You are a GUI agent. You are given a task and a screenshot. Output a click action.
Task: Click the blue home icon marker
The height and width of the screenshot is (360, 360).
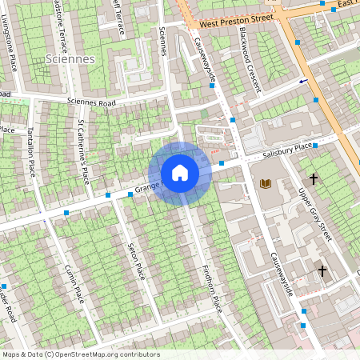coord(180,173)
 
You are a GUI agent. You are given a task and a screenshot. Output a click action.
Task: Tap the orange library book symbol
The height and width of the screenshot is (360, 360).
coord(266,185)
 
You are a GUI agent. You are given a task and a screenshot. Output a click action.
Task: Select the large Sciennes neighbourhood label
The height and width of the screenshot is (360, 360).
coord(70,59)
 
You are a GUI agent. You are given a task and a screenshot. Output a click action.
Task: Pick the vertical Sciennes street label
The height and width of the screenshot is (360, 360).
coord(163,40)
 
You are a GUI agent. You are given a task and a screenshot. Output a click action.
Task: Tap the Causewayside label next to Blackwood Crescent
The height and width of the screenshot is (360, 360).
coord(207,58)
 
